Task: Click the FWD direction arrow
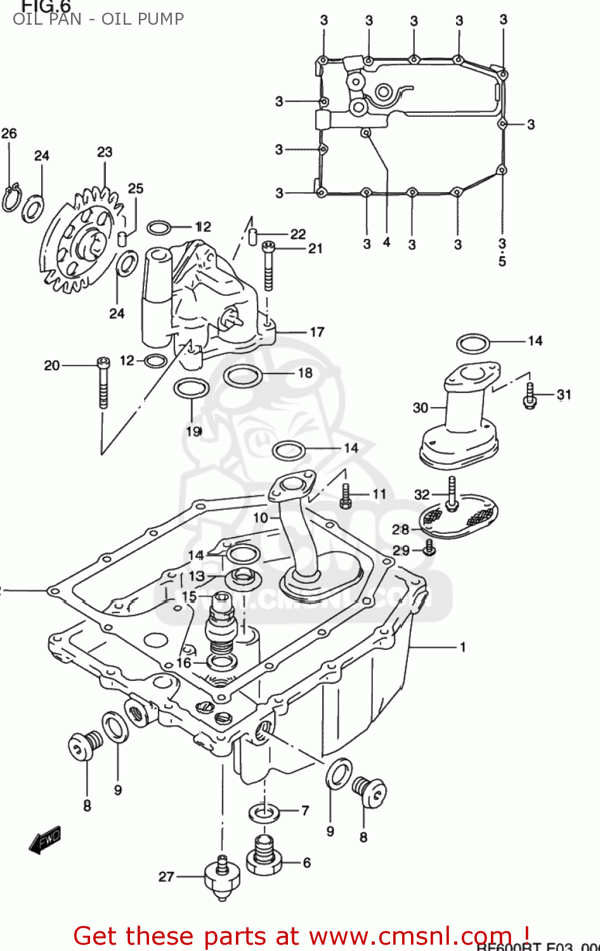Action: [x=45, y=840]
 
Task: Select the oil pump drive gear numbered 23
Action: [x=82, y=241]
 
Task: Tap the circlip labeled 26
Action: [x=11, y=198]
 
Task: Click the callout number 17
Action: [x=317, y=332]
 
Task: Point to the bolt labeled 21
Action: [x=268, y=266]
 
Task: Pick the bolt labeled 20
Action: [x=103, y=383]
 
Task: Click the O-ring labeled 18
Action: [x=243, y=375]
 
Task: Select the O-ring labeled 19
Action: [x=191, y=388]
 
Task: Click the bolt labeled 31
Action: [x=530, y=395]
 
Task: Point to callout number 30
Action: [x=421, y=408]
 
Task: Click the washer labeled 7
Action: [x=263, y=812]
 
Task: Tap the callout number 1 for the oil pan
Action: [x=463, y=647]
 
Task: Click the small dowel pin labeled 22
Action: [x=252, y=236]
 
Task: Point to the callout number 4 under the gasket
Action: [x=387, y=242]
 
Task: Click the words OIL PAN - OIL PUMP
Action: [x=98, y=18]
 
